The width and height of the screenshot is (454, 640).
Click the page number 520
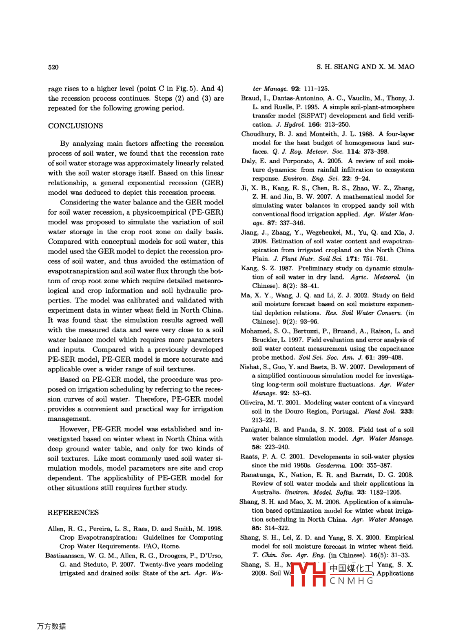[53, 67]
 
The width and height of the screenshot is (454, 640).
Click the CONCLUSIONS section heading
[75, 126]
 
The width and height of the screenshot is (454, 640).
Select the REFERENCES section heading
[73, 513]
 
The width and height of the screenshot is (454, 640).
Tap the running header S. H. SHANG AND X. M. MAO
[365, 67]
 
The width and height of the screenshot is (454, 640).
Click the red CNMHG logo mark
[308, 574]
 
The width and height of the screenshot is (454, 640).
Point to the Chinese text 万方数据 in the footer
[51, 626]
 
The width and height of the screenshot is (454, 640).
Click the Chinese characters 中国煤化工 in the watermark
[351, 569]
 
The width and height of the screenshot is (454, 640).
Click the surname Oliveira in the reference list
[252, 402]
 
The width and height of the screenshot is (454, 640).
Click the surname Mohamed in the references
[255, 331]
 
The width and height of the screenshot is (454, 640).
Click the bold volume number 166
[314, 124]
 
